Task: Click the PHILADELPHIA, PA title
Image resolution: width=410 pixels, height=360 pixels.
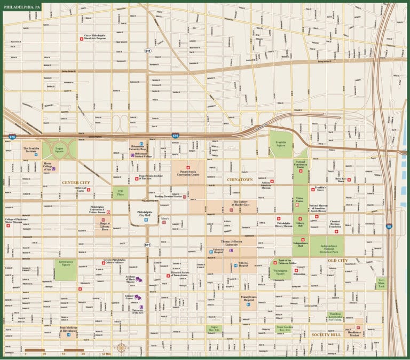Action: pyautogui.click(x=21, y=7)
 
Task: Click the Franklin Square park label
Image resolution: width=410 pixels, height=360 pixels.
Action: pyautogui.click(x=281, y=144)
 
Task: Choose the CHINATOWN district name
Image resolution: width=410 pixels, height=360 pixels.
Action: pyautogui.click(x=240, y=179)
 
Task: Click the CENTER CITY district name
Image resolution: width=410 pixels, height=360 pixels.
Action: pyautogui.click(x=76, y=183)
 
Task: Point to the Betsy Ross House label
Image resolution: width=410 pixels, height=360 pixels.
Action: pyautogui.click(x=340, y=181)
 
